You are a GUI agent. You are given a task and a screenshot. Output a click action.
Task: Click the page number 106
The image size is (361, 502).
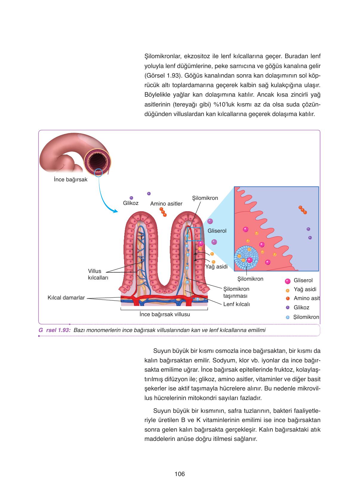point(180,474)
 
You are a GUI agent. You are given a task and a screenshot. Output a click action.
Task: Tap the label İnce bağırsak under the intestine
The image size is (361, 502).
point(70,180)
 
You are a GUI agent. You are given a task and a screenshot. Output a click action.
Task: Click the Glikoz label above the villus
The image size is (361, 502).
point(131,203)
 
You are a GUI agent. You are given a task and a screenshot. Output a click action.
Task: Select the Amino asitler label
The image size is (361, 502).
point(166,204)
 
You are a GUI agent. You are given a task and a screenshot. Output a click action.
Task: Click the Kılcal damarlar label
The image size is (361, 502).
point(66,298)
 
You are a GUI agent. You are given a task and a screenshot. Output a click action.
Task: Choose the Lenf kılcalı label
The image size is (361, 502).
point(236,304)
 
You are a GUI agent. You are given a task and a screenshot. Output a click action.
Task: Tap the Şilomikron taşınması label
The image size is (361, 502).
point(236,292)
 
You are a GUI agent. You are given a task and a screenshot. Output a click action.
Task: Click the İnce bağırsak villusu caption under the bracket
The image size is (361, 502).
point(165,314)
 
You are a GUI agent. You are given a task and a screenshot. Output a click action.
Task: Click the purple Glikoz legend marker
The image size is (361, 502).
point(288,308)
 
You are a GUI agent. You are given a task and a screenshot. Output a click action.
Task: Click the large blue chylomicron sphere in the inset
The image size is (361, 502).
point(246,258)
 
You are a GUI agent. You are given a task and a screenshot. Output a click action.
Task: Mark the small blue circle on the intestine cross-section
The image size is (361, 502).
point(98,173)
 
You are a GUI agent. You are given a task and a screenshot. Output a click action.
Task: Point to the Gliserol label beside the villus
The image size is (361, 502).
point(217,231)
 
